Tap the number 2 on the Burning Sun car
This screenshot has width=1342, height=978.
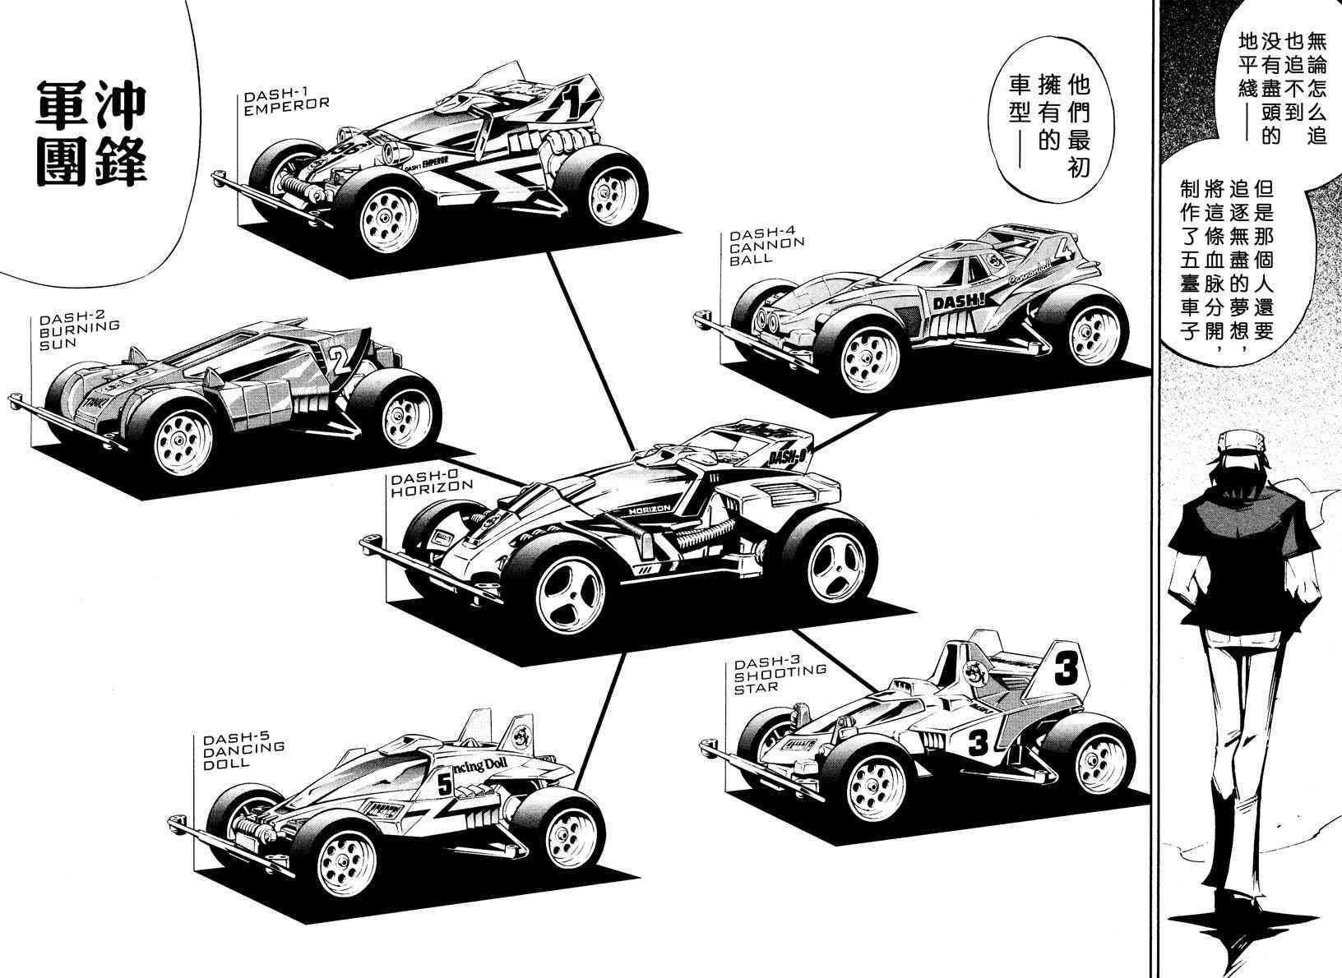tap(336, 359)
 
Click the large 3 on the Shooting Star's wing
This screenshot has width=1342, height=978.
tap(1064, 671)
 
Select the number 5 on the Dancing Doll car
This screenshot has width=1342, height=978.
tap(445, 785)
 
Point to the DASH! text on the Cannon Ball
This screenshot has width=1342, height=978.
tap(953, 303)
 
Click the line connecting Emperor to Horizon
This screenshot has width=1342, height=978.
tap(588, 345)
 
